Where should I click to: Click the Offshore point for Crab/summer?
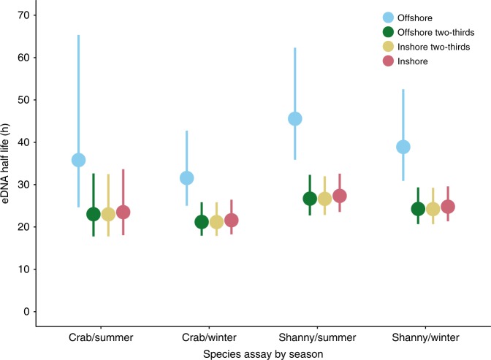coord(78,160)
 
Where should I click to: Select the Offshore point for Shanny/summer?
coord(295,119)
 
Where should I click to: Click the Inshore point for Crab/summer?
coord(123,212)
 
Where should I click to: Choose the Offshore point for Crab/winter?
coord(186,178)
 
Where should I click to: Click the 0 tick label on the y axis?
coord(26,312)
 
